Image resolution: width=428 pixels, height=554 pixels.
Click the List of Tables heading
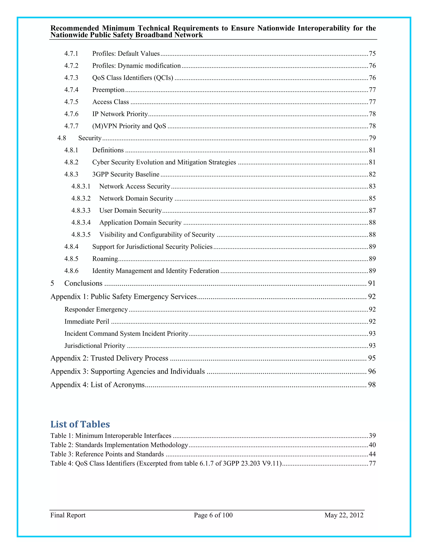[x=80, y=424]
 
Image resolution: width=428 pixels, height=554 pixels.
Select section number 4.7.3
[x=71, y=78]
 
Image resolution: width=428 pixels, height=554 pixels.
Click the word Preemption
[x=108, y=90]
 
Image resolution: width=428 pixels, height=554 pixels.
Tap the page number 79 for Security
[x=372, y=138]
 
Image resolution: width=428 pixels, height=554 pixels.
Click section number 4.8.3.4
[x=81, y=222]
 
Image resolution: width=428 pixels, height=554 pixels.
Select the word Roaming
[x=105, y=259]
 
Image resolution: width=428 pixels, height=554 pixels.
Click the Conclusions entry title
[x=83, y=283]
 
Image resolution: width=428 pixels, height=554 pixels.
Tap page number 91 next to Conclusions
[x=371, y=283]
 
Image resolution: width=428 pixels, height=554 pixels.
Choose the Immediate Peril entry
[x=87, y=321]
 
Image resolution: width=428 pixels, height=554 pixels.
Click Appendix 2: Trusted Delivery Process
[x=109, y=358]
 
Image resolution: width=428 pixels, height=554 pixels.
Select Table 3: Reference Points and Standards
[x=107, y=454]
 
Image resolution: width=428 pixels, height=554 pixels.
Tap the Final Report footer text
[x=68, y=515]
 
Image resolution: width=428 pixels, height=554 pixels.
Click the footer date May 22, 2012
[x=344, y=515]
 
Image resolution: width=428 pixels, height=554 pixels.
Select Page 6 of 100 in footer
[x=213, y=515]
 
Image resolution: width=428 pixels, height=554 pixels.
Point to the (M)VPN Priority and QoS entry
[x=129, y=126]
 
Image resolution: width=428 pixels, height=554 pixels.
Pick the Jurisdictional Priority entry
[x=95, y=346]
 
